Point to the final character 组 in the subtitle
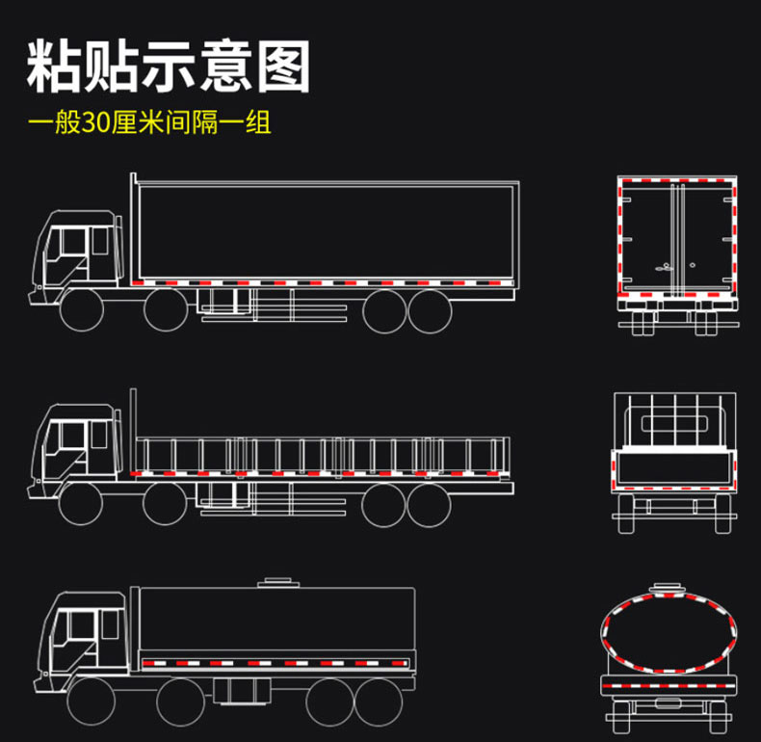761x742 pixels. [x=258, y=124]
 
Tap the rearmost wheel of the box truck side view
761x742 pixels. [x=430, y=310]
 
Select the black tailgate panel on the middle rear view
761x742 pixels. [x=674, y=469]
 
